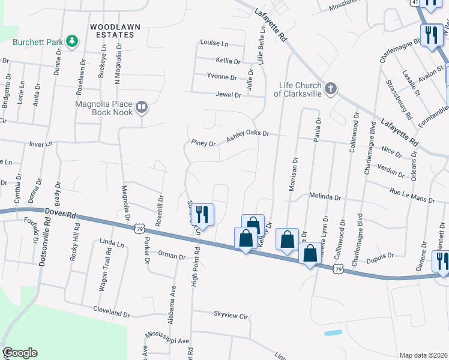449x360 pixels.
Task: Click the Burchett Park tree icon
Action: pos(72,41)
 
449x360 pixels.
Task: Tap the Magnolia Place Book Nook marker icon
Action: pos(142,107)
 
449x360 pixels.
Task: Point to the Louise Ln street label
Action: pos(214,44)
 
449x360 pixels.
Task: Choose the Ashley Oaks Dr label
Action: pos(248,137)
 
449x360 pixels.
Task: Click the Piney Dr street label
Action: pos(203,143)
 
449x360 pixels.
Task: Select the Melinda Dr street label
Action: pos(325,196)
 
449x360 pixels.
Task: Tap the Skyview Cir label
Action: pos(231,314)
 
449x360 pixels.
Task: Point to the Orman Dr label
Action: pos(172,256)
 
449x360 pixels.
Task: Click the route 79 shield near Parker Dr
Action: pos(139,229)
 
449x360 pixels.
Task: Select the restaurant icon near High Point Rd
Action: pos(203,214)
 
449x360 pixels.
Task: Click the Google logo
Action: pos(20,353)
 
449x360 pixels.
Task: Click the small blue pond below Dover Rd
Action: pos(333,332)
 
